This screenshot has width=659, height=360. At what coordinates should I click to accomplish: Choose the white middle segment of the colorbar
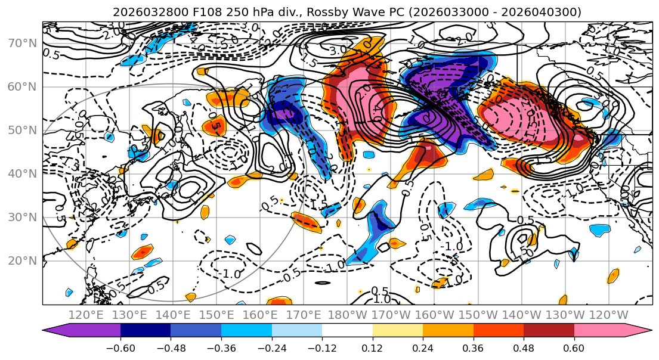point(347,330)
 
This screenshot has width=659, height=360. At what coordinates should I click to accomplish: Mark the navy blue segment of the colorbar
point(146,330)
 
